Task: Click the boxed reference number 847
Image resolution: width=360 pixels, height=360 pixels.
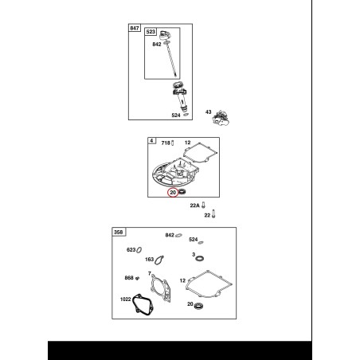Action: pos(135,28)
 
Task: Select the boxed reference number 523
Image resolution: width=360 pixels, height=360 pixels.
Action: pos(151,32)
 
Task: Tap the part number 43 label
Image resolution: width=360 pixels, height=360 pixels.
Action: pos(208,112)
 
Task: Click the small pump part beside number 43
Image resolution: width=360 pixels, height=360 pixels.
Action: pos(221,119)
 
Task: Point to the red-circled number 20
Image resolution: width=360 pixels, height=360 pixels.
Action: pos(173,192)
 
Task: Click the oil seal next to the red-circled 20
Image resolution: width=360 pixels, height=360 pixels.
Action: pos(182,191)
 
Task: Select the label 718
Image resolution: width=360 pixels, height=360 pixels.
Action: pos(166,143)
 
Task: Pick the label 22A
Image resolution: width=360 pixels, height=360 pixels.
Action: pos(194,205)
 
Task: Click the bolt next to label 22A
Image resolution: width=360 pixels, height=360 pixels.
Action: pos(204,205)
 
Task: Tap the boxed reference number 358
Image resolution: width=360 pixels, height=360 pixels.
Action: pos(118,233)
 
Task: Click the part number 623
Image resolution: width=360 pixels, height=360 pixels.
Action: pos(131,250)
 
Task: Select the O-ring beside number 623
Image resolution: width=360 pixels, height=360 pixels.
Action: pos(139,250)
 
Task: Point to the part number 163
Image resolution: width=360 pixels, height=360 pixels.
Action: pos(150,260)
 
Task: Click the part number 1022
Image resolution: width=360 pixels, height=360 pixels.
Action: pos(126,299)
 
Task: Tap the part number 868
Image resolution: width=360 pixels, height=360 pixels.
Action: pos(129,278)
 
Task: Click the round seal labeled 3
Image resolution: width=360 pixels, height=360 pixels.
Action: pos(199,258)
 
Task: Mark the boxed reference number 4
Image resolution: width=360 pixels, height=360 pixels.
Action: pos(151,141)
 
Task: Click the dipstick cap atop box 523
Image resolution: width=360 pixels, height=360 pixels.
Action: pos(165,35)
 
